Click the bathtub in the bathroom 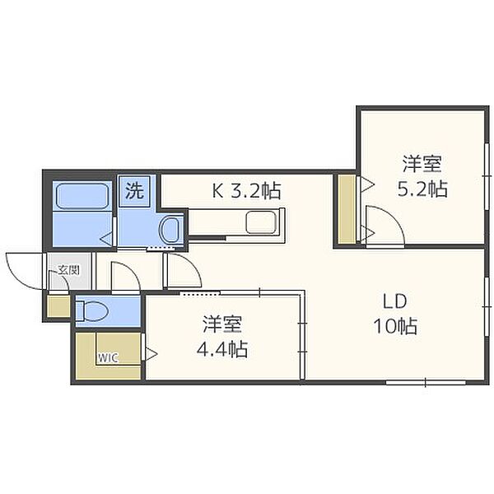click(x=82, y=196)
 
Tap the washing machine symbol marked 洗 click(x=134, y=191)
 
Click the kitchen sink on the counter click(x=261, y=222)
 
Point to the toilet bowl click(x=92, y=311)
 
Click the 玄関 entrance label click(x=68, y=270)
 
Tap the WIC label click(x=108, y=358)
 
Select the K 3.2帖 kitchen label click(x=246, y=191)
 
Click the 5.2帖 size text click(x=422, y=189)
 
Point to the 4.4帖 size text click(x=222, y=349)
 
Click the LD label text click(x=394, y=301)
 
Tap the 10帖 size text click(x=395, y=326)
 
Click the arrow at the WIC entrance click(x=151, y=354)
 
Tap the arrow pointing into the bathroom click(x=106, y=239)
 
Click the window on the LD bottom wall click(x=426, y=382)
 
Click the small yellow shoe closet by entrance click(x=58, y=306)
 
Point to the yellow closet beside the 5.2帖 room click(x=347, y=209)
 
